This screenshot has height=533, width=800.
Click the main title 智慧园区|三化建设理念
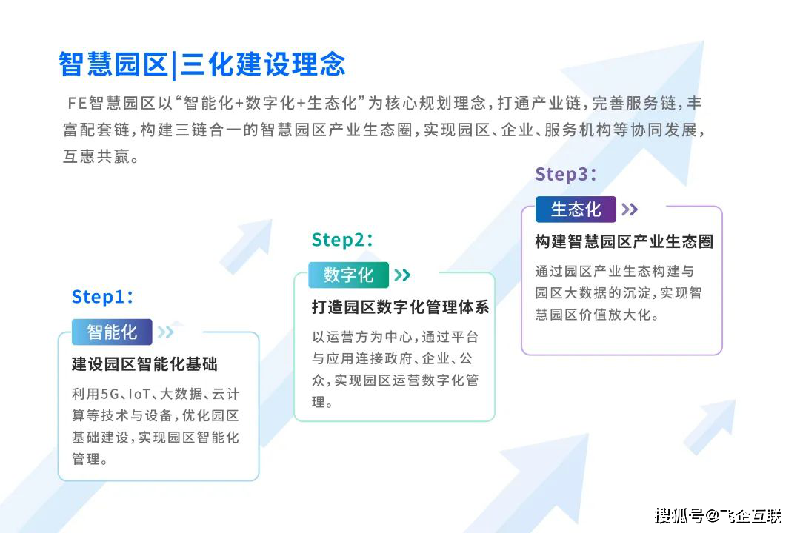202,65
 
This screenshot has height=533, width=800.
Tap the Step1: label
102,296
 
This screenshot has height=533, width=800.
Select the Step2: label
341,239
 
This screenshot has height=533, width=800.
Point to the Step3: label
565,174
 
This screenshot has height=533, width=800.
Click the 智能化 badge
112,332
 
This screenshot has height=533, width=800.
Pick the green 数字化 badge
348,275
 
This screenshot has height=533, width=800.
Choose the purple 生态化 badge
576,209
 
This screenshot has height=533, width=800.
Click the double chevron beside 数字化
402,275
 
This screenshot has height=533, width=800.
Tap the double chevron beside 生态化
630,209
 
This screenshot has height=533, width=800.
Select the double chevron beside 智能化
165,332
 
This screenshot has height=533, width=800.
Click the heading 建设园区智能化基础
144,364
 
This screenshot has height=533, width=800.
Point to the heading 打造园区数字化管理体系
401,307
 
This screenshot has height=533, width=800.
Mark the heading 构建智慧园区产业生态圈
624,241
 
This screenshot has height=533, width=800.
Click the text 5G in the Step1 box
110,394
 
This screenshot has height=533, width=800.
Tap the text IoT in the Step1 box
139,394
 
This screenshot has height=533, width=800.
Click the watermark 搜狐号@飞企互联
719,516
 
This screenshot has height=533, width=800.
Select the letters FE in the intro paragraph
77,104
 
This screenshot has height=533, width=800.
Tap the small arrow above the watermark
710,426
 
